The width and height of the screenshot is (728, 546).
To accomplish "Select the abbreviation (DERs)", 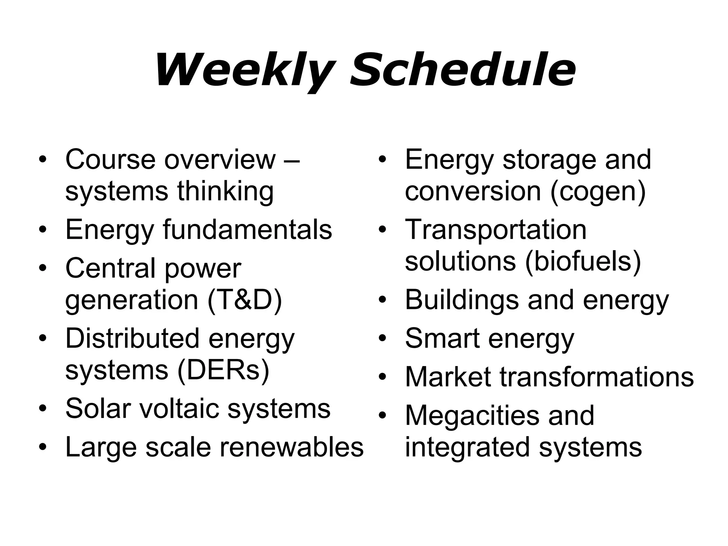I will coord(223,370).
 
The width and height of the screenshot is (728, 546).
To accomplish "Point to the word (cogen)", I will coord(598,191).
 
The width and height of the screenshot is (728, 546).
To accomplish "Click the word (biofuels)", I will coord(583,261).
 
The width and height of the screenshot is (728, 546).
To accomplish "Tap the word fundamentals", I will coord(247,230).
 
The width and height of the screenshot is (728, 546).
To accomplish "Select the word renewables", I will coord(291,447).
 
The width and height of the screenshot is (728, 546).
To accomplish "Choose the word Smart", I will coord(442,338).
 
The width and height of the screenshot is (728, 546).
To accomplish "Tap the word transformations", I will coord(597,376).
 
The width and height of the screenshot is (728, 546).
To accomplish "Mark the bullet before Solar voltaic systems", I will coord(43,409).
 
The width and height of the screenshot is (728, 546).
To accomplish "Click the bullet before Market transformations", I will coord(382,377).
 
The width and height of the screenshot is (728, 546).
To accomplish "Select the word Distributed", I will coord(132,338).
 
